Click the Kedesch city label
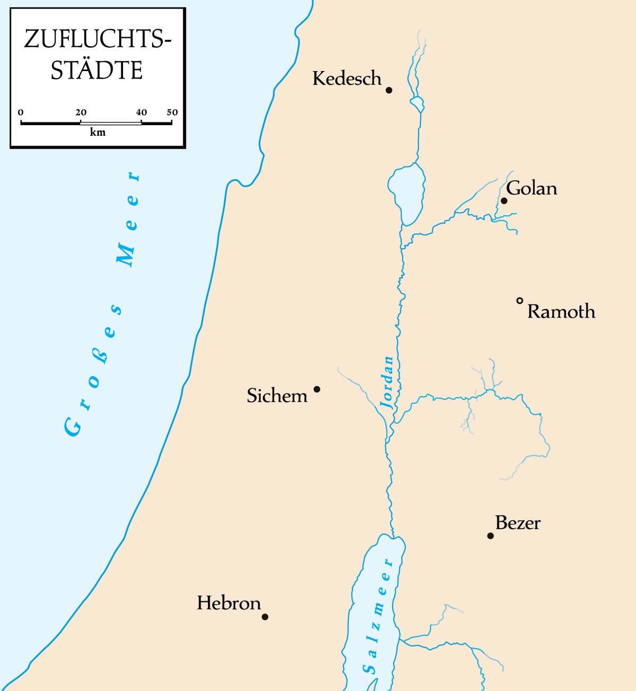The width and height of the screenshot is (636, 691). click(347, 78)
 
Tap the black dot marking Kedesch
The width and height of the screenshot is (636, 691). click(388, 90)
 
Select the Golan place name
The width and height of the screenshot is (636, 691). click(532, 188)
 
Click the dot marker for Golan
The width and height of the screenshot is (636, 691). click(504, 200)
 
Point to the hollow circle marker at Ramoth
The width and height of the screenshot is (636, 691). click(520, 301)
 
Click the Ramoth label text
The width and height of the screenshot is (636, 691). click(561, 311)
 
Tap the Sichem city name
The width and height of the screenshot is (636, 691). click(277, 396)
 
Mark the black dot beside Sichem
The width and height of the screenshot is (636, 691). click(317, 389)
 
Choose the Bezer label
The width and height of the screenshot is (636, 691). click(518, 523)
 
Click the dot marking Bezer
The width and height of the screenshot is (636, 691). click(490, 536)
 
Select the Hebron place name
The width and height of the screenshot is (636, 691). click(228, 603)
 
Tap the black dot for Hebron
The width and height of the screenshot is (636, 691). click(265, 617)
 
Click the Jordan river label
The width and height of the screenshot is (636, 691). click(387, 382)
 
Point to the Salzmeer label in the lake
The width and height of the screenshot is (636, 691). click(378, 615)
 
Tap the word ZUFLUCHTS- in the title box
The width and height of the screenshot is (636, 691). click(98, 39)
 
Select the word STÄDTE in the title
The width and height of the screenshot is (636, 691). click(96, 71)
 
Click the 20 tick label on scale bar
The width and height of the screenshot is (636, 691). click(81, 112)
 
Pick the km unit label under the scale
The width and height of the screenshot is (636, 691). click(98, 133)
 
